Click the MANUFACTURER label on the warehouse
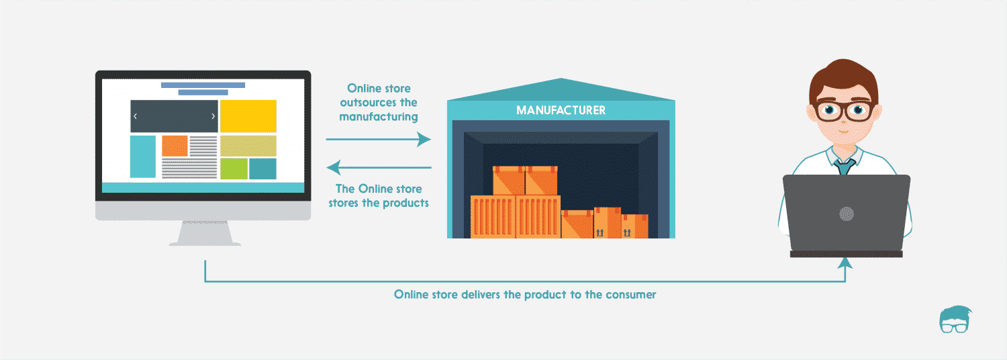(561, 110)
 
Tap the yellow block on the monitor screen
(248, 116)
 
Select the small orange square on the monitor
(175, 146)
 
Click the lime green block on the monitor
(234, 169)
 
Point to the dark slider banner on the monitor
(174, 116)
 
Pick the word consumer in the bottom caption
(630, 294)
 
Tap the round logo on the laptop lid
(846, 214)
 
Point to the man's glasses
(844, 111)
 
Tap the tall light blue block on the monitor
(142, 156)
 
